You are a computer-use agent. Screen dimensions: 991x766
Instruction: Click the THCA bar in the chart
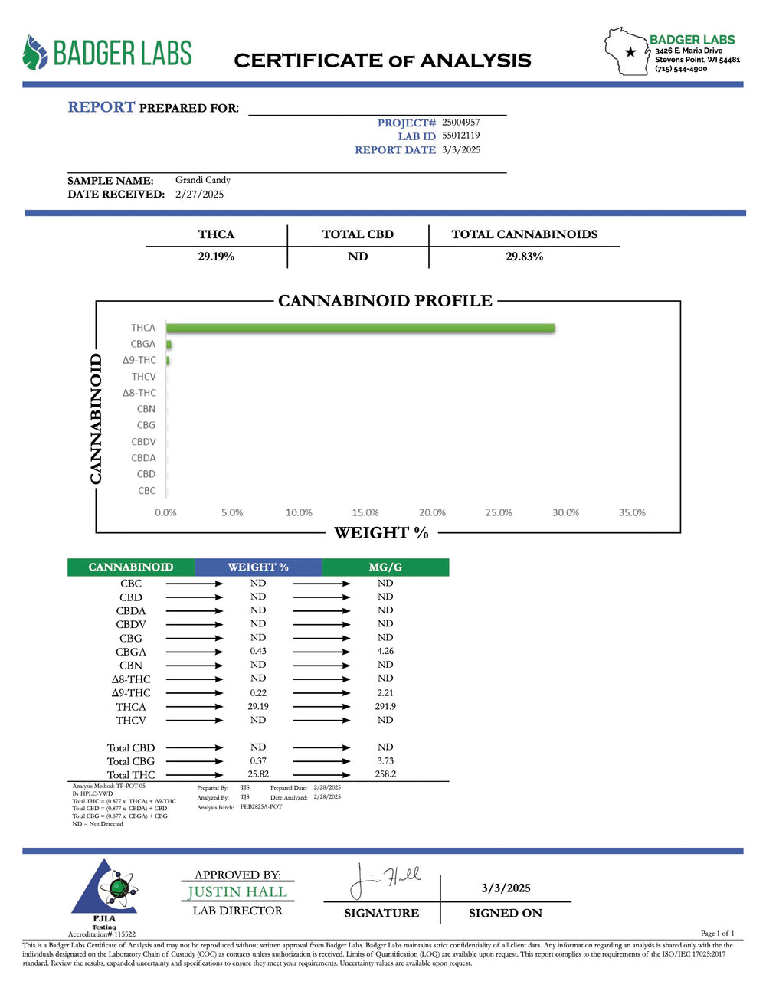click(360, 328)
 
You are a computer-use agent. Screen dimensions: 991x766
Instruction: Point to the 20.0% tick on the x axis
click(432, 512)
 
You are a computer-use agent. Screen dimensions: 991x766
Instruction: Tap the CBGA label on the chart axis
click(142, 344)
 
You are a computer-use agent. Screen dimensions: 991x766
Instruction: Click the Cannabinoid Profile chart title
click(385, 300)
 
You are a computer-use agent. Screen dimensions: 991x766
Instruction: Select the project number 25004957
click(461, 122)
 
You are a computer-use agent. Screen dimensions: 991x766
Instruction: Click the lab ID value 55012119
click(461, 136)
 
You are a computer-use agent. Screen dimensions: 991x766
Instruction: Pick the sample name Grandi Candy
click(203, 180)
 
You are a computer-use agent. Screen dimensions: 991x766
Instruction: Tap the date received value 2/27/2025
click(199, 194)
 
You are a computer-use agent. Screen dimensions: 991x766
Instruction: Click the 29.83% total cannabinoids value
click(524, 257)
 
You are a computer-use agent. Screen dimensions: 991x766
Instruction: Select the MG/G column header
click(385, 567)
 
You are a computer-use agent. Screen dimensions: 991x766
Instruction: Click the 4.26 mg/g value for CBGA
click(385, 652)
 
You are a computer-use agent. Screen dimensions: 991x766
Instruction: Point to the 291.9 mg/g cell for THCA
click(385, 706)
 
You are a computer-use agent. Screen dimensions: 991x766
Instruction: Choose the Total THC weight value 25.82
click(258, 774)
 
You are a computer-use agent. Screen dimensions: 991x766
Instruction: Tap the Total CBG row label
click(131, 761)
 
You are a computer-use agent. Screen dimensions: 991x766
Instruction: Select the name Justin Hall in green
click(237, 892)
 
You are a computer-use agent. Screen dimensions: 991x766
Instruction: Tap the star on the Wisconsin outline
click(630, 52)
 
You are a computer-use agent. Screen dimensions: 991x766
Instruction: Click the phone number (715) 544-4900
click(681, 69)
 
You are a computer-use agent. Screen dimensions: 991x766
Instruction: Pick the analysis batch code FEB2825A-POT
click(261, 807)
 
